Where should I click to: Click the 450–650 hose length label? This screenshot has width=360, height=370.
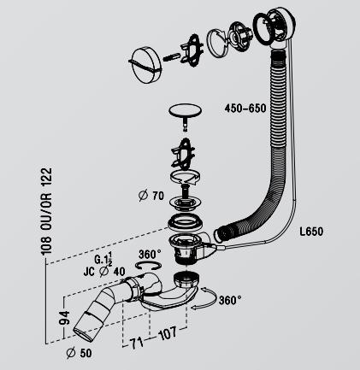tap(245, 109)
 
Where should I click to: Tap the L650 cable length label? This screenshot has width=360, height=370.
tap(311, 232)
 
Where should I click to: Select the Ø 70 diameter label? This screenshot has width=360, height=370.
tap(151, 196)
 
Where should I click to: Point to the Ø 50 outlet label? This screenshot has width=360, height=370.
tap(79, 353)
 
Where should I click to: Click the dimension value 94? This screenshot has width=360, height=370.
tap(64, 318)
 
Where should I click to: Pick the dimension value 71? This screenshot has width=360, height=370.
tap(136, 344)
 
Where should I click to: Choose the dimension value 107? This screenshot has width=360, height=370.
tap(168, 332)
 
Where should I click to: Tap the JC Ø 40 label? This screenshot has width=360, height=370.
tap(104, 271)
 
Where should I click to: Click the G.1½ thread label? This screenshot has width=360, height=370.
tap(103, 258)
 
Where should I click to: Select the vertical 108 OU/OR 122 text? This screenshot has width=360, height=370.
tap(46, 211)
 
